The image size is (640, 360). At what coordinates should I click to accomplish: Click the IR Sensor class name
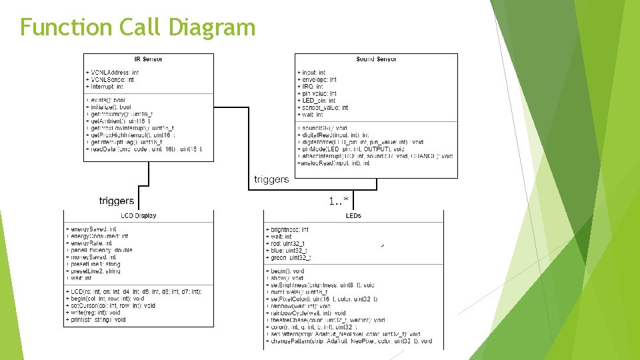148,59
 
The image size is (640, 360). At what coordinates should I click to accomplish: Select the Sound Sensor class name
376,59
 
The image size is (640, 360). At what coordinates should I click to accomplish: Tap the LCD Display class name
139,216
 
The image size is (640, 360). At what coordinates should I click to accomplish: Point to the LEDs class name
353,216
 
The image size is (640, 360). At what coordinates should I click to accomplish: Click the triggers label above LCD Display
117,201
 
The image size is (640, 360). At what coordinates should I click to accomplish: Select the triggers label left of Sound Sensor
271,179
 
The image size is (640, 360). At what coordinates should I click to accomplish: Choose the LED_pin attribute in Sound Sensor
319,101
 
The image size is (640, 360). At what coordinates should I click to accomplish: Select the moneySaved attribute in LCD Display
93,257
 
